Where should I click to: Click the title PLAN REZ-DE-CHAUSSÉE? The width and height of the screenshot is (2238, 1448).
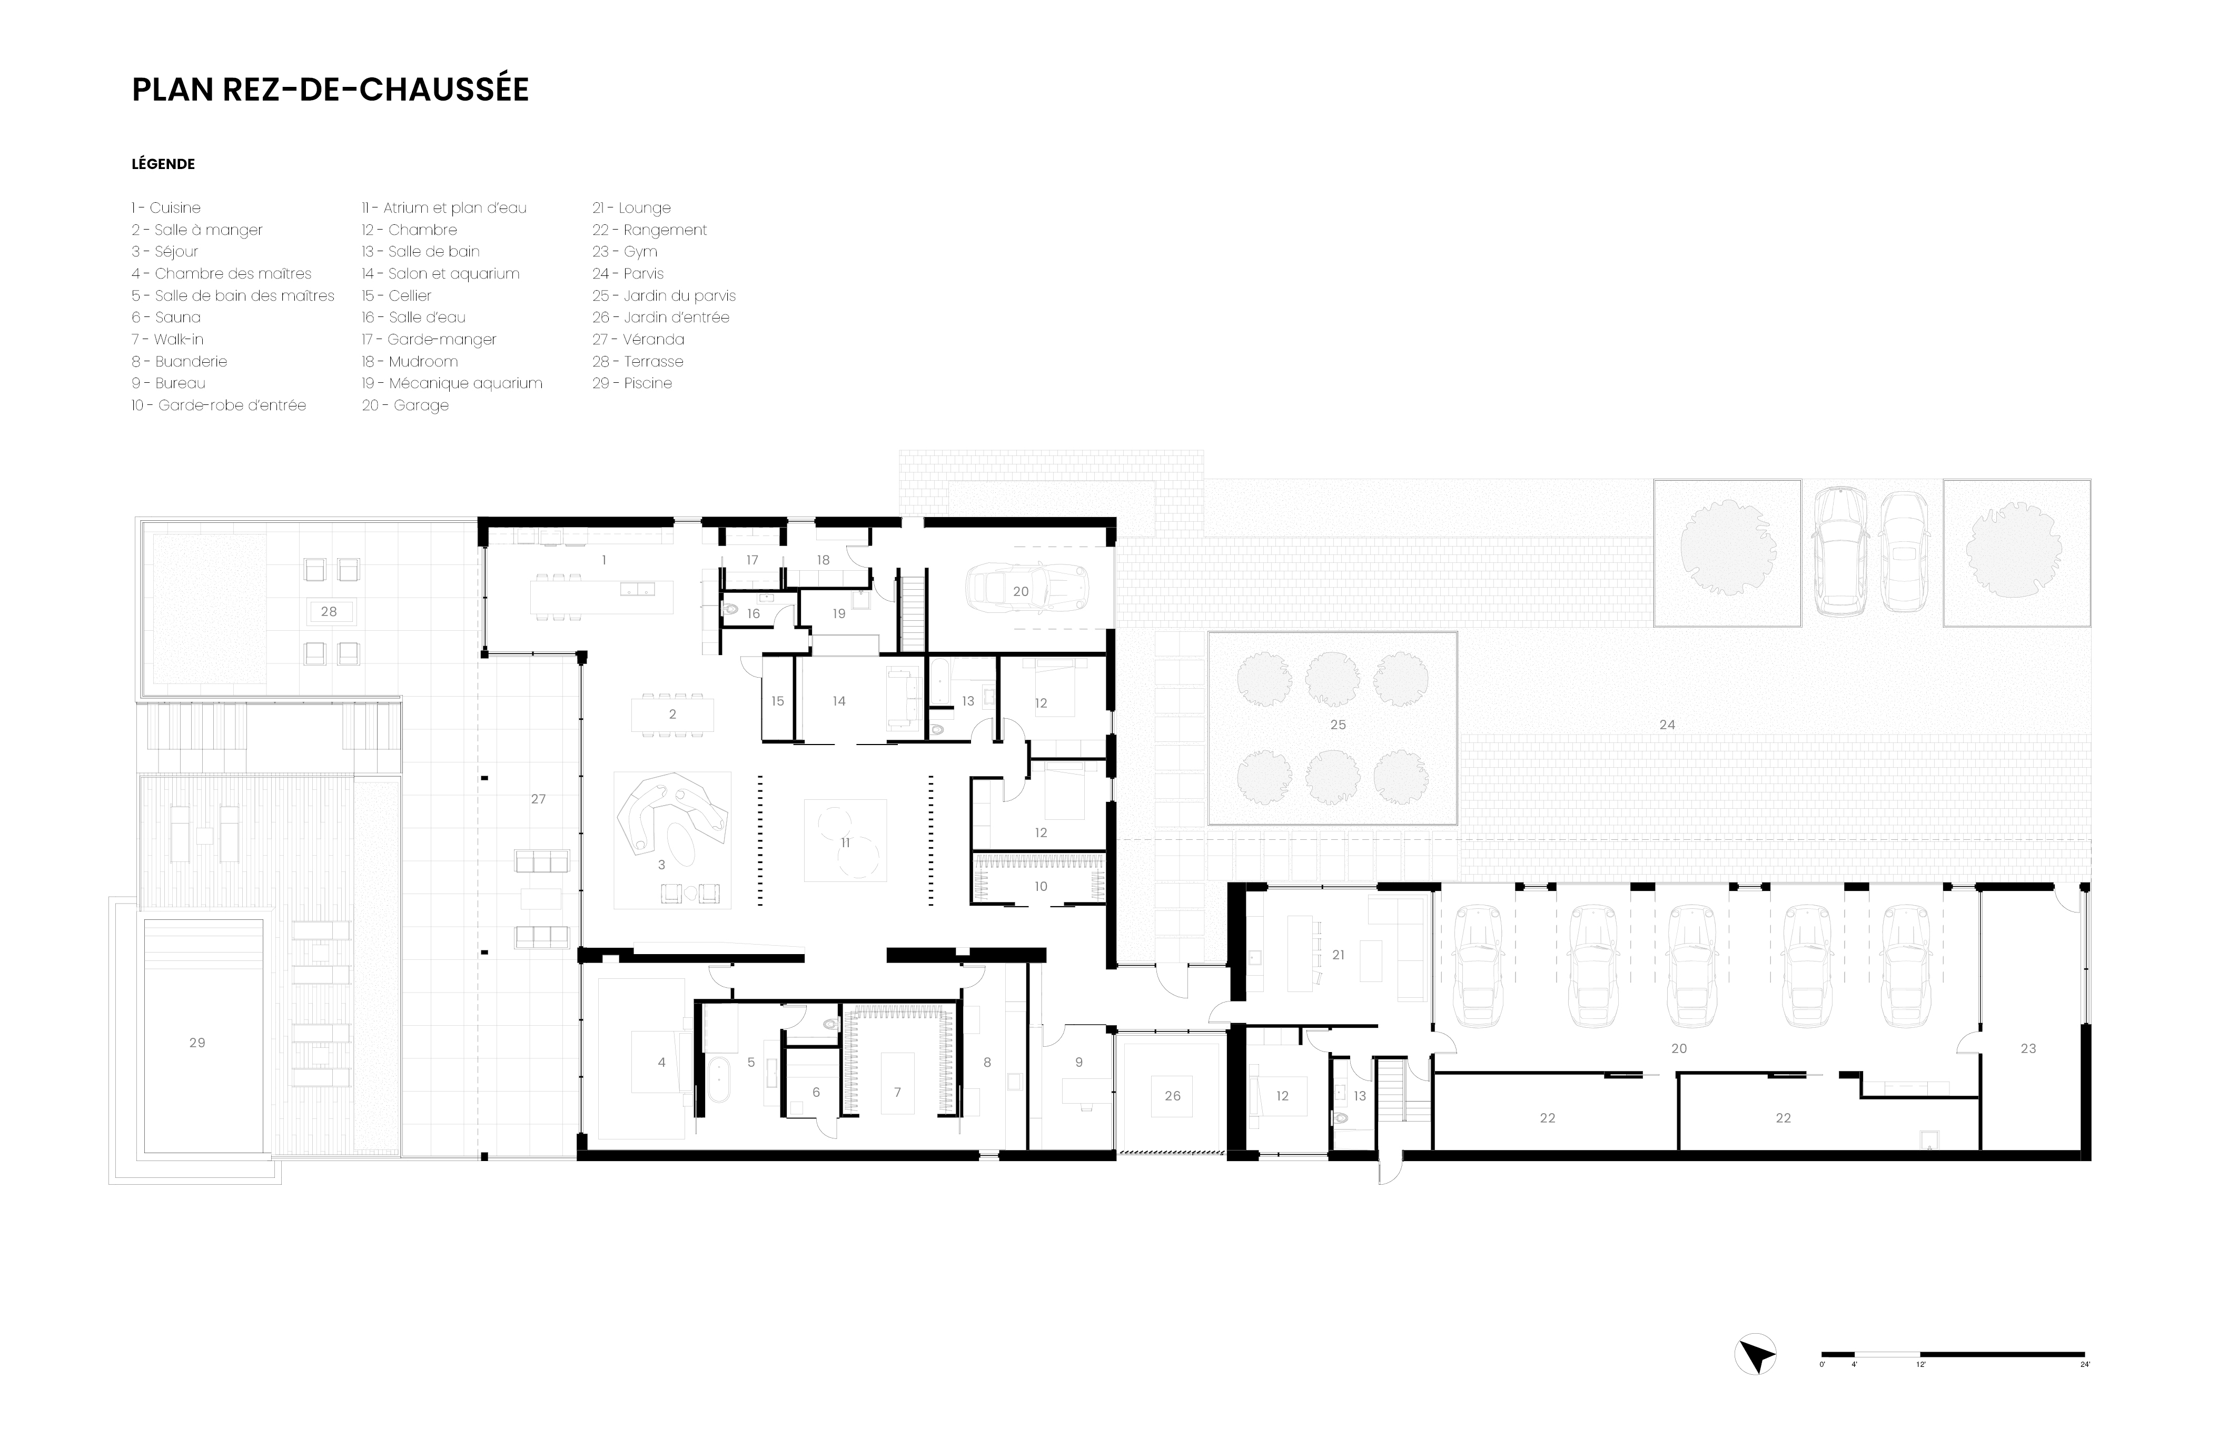330,90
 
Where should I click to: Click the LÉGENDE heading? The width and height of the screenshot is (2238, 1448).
163,164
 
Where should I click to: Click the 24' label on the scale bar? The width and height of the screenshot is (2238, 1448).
2084,1391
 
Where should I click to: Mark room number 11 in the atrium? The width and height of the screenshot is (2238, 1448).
845,842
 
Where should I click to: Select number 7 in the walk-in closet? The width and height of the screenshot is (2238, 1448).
897,1092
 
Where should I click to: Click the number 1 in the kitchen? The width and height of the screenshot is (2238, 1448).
603,559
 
